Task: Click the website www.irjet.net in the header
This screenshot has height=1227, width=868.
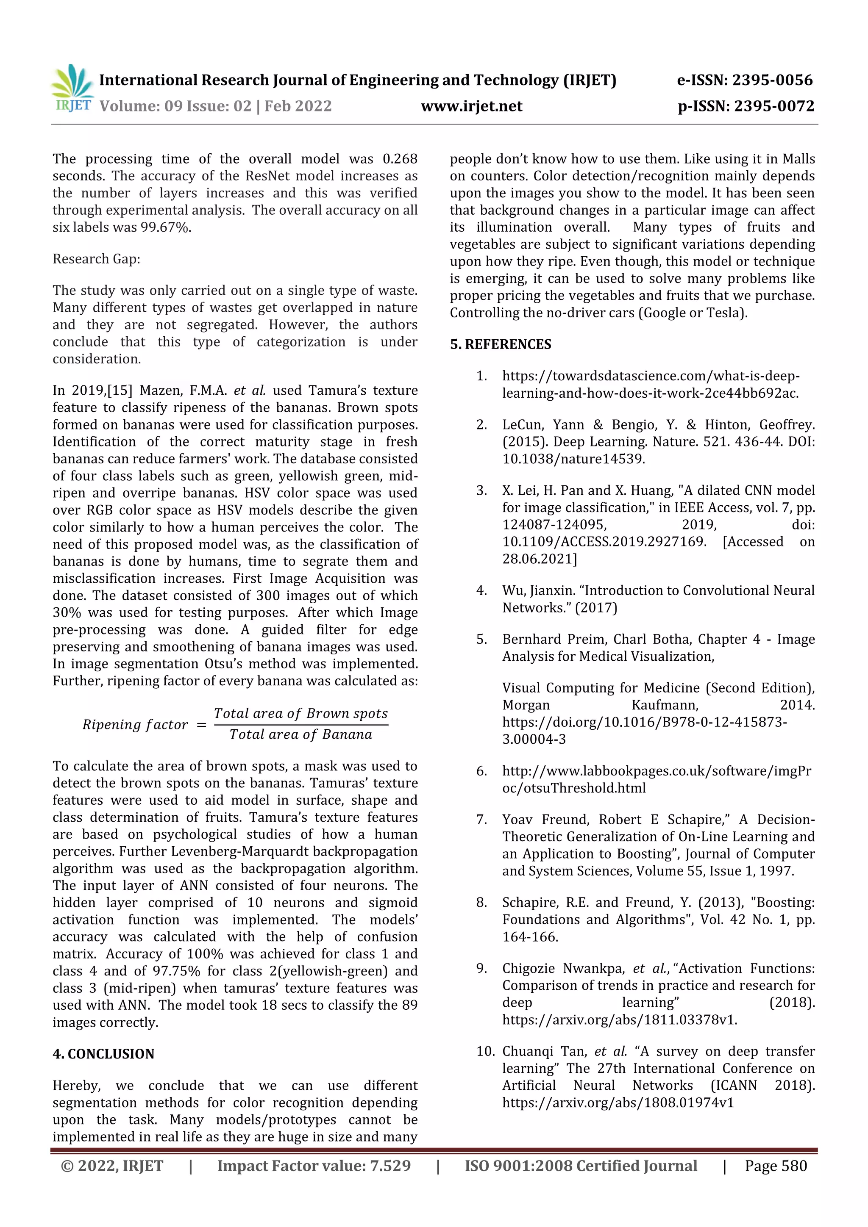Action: pyautogui.click(x=471, y=106)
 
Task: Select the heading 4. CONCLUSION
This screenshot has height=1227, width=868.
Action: pyautogui.click(x=103, y=1053)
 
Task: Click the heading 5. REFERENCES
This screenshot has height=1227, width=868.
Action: pyautogui.click(x=500, y=344)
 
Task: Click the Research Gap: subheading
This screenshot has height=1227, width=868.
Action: pyautogui.click(x=96, y=259)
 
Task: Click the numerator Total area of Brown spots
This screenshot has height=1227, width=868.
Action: pyautogui.click(x=300, y=713)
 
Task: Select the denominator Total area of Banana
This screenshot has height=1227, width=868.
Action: pyautogui.click(x=300, y=735)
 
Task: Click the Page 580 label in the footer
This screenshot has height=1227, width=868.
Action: pyautogui.click(x=776, y=1166)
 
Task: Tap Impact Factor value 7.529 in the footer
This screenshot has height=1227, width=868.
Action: pyautogui.click(x=314, y=1166)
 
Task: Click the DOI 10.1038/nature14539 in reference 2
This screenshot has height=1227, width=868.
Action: pyautogui.click(x=573, y=459)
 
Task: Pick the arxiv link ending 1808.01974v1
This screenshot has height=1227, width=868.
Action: pyautogui.click(x=618, y=1102)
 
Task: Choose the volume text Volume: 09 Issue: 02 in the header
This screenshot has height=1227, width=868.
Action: pyautogui.click(x=175, y=106)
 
